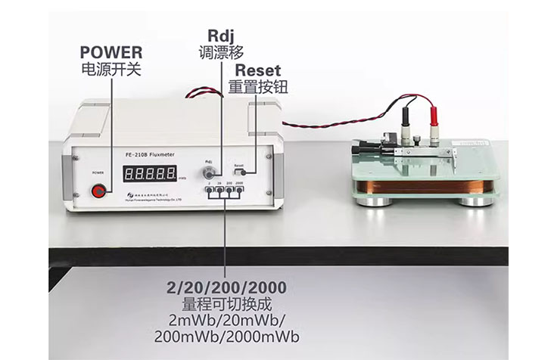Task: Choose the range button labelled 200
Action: pyautogui.click(x=229, y=191)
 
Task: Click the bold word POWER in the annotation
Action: pyautogui.click(x=111, y=53)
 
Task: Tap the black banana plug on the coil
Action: pyautogui.click(x=404, y=122)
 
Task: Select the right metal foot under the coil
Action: pyautogui.click(x=476, y=200)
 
